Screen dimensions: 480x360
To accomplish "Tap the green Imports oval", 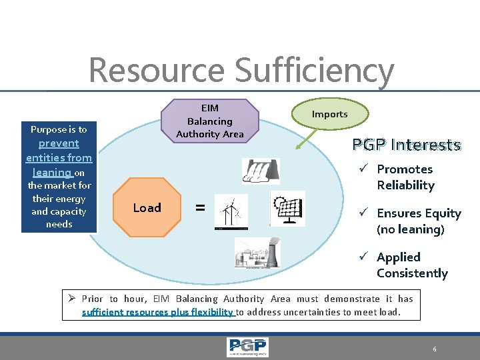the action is (x=329, y=114).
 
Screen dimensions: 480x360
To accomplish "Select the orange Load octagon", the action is (x=147, y=207).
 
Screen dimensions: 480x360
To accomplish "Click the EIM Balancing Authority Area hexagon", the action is (x=210, y=121).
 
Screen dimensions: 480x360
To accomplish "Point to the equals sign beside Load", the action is (x=199, y=207).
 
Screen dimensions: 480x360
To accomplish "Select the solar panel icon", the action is (x=288, y=209).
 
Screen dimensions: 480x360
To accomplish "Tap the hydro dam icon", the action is (x=261, y=171).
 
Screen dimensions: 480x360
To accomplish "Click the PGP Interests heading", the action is (x=407, y=145).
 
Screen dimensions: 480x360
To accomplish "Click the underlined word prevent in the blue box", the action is (x=59, y=143).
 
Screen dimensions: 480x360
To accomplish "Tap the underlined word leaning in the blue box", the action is (x=51, y=171).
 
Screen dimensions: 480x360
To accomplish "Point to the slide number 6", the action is (x=434, y=349).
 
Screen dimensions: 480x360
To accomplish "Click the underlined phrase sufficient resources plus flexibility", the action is (x=157, y=311).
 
